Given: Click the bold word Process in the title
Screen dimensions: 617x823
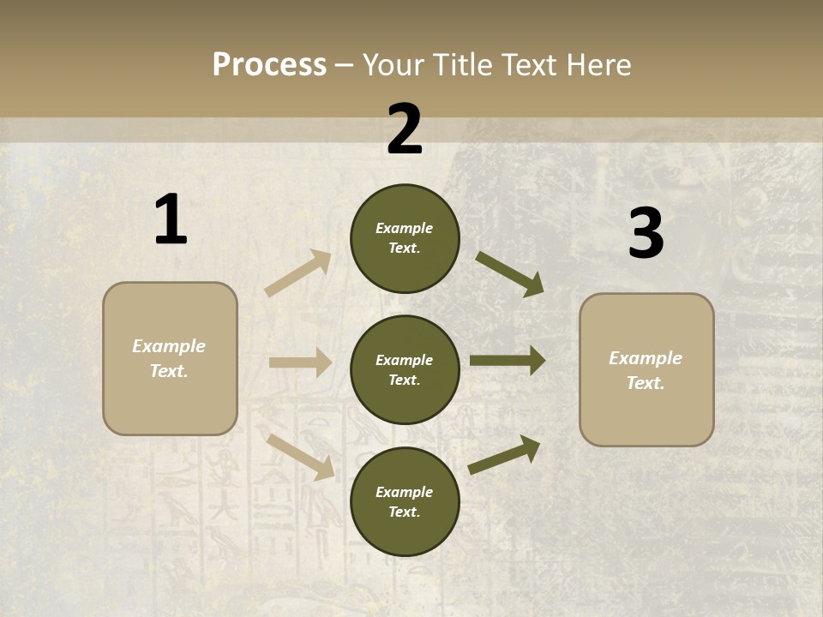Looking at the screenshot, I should (269, 64).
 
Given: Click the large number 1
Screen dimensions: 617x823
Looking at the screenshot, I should (171, 220).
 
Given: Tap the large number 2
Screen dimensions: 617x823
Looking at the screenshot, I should (405, 129).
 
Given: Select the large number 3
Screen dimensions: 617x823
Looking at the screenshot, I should (646, 233).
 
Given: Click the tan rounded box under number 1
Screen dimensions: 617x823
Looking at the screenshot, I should (170, 358).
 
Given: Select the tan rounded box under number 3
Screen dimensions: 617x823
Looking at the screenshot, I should (646, 370).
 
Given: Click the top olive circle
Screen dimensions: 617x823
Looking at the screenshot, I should (405, 238).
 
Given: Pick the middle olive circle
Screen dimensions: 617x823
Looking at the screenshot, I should (405, 369).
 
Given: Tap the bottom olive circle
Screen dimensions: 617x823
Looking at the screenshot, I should (405, 501).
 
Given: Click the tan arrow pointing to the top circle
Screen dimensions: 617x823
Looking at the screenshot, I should (297, 273).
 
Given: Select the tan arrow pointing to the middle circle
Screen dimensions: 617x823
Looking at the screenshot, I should (300, 362).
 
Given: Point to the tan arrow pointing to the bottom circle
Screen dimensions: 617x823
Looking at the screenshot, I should (300, 456).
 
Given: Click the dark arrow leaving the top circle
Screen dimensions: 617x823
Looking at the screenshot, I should (510, 273).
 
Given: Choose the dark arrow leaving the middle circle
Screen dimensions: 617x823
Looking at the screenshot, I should (508, 361).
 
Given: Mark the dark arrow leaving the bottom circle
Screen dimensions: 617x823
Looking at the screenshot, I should (505, 454).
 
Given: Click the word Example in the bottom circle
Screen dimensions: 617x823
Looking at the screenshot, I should (405, 492).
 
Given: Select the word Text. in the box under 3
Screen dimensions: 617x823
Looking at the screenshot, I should (646, 383).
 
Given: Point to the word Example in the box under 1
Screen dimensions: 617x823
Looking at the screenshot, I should (169, 346).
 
